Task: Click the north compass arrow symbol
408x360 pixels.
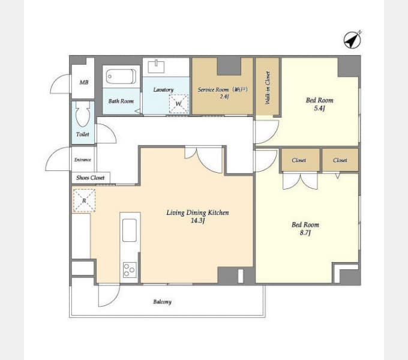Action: tap(353, 40)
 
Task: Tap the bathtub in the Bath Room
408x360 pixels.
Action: tap(121, 76)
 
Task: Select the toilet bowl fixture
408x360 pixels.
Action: tap(83, 114)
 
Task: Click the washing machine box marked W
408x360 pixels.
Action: tap(179, 104)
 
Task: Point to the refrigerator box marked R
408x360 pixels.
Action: tap(84, 200)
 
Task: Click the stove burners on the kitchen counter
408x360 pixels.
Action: tap(130, 270)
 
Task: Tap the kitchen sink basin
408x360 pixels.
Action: tap(130, 230)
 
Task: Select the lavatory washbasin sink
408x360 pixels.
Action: tap(156, 67)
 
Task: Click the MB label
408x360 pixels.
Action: tap(84, 82)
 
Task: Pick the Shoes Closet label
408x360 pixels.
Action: tap(90, 178)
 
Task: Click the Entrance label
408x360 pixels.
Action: tap(82, 160)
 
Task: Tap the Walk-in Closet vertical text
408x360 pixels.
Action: tap(268, 88)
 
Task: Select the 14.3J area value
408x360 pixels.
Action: tap(198, 221)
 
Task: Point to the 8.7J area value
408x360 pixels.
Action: tap(305, 233)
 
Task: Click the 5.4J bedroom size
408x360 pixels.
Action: tap(320, 108)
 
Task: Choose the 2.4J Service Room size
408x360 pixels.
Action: tap(224, 97)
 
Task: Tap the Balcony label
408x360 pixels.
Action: tap(163, 302)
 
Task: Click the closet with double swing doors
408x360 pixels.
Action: tap(300, 160)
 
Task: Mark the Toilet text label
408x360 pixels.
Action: tap(83, 134)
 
